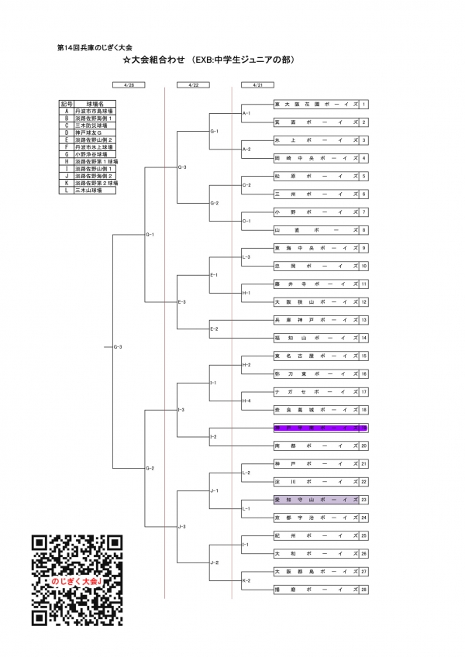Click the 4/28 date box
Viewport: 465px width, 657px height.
pyautogui.click(x=129, y=86)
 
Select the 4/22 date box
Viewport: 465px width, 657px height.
pyautogui.click(x=193, y=86)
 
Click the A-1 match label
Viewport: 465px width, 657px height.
pyautogui.click(x=247, y=113)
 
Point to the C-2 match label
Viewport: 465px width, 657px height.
pyautogui.click(x=247, y=185)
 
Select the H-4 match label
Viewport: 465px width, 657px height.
pyautogui.click(x=246, y=401)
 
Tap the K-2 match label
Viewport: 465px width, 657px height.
pyautogui.click(x=246, y=580)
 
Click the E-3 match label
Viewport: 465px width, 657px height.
pyautogui.click(x=182, y=301)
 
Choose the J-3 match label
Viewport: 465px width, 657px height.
pyautogui.click(x=182, y=527)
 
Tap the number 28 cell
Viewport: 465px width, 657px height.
pyautogui.click(x=363, y=590)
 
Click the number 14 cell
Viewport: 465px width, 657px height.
pyautogui.click(x=363, y=338)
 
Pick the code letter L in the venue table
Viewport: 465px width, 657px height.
pyautogui.click(x=67, y=191)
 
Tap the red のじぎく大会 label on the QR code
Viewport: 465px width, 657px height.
pyautogui.click(x=77, y=580)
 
